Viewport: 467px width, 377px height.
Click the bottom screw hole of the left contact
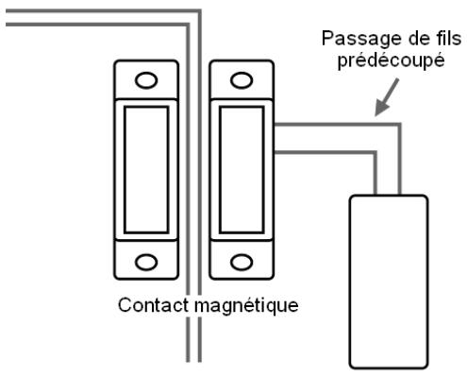pyautogui.click(x=146, y=261)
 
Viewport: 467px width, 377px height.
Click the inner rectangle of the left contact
pyautogui.click(x=146, y=170)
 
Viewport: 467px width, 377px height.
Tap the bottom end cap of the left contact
pyautogui.click(x=146, y=262)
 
